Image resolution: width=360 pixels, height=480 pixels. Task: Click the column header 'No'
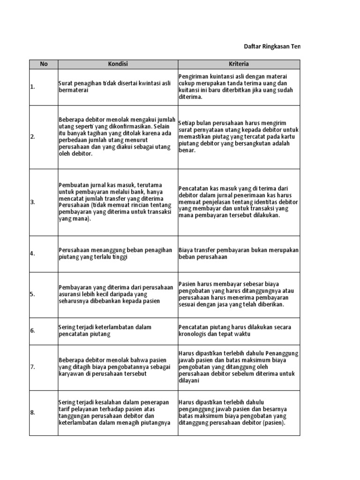pos(43,64)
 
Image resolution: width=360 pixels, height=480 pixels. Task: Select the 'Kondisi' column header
pos(117,64)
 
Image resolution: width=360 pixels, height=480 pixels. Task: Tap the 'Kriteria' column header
pos(239,64)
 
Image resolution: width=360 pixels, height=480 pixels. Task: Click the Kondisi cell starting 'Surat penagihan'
pos(117,87)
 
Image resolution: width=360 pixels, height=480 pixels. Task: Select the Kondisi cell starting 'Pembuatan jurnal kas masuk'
pos(117,202)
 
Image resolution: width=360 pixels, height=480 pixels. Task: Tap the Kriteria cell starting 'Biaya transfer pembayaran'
pos(239,253)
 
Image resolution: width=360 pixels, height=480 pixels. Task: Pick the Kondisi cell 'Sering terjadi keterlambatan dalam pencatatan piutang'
pos(117,330)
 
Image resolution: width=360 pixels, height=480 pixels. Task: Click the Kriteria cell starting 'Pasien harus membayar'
pos(239,294)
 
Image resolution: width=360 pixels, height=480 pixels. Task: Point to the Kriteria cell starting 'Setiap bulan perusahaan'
pos(239,137)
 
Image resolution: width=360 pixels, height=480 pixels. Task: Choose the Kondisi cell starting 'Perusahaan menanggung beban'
pos(117,253)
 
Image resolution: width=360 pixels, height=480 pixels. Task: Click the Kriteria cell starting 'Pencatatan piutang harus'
pos(239,330)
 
